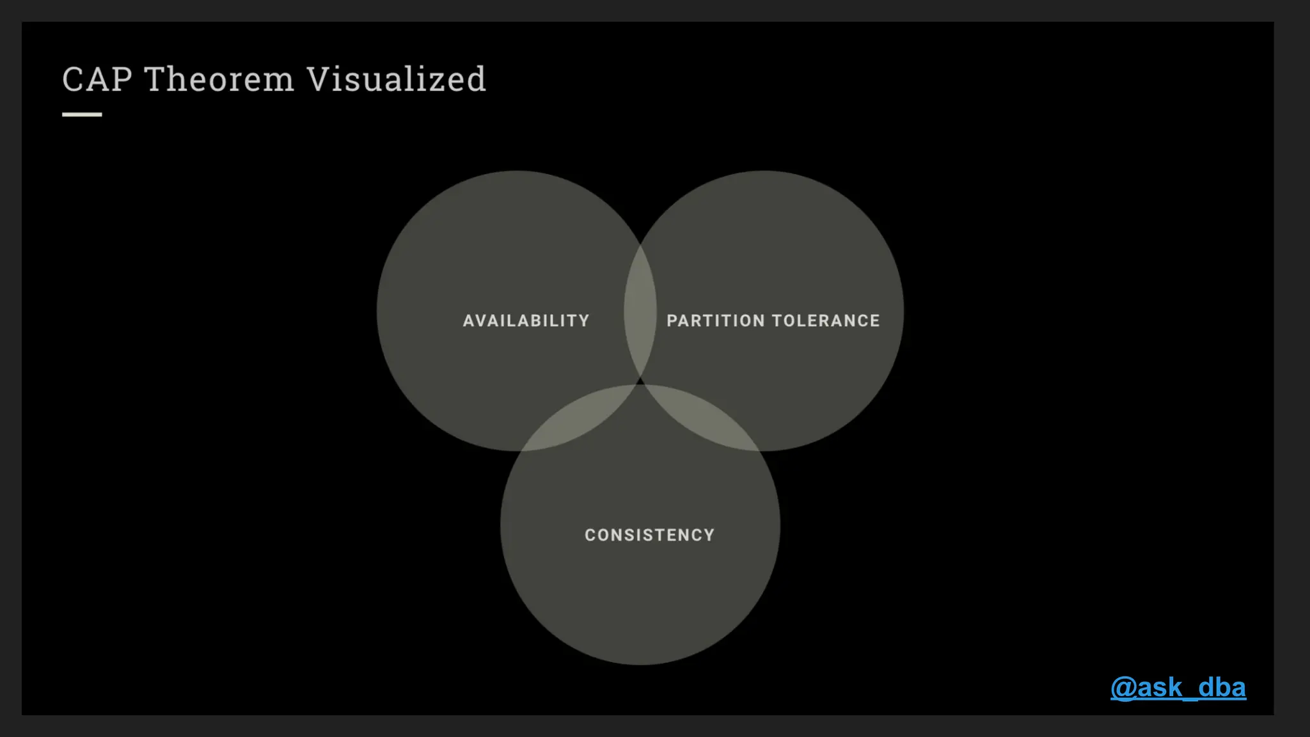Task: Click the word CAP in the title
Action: point(97,80)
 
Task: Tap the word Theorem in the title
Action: point(219,80)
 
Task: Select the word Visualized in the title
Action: point(396,80)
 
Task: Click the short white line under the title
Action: point(82,115)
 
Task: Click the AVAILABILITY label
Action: point(526,321)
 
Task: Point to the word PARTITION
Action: point(716,321)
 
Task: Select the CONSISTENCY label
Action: point(649,535)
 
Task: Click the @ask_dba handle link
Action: point(1178,688)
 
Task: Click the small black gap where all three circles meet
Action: point(640,381)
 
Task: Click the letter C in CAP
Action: point(73,80)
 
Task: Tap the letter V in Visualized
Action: point(319,80)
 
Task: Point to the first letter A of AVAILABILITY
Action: point(468,321)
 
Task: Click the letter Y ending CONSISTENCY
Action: point(709,535)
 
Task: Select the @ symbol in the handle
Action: point(1123,688)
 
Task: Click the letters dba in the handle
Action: point(1222,688)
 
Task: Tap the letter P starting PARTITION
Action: point(672,321)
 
